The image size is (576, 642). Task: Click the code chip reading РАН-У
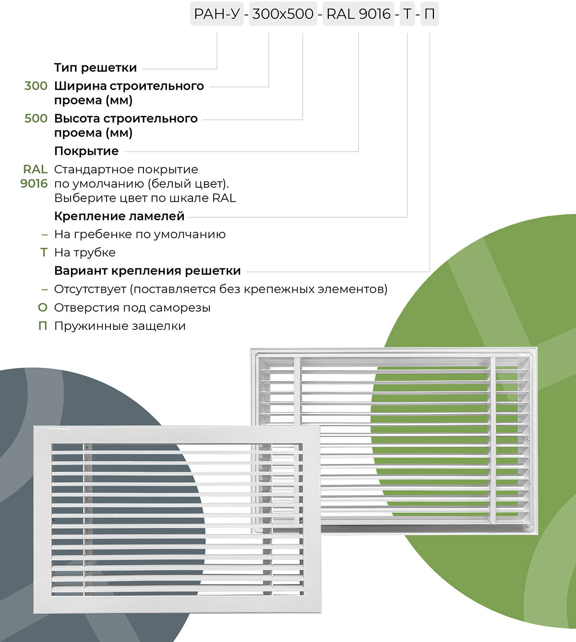[216, 14]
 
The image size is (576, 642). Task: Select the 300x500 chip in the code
[283, 14]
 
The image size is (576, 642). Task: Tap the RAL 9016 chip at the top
[359, 14]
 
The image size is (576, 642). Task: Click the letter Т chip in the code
[407, 14]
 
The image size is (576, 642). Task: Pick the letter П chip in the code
[430, 14]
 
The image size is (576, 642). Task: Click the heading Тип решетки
[96, 68]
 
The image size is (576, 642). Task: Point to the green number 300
[36, 86]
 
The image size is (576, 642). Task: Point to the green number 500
[36, 118]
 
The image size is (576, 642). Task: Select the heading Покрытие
[86, 151]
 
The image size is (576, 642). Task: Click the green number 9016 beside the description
[34, 183]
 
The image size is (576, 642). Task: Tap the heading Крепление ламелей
[119, 216]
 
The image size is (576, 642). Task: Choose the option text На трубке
[85, 253]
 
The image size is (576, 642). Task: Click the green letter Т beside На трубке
[44, 253]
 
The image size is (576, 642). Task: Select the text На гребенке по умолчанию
[140, 234]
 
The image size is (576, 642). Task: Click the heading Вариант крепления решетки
[147, 271]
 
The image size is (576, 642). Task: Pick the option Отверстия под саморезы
[132, 308]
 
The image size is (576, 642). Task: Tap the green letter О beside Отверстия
[43, 308]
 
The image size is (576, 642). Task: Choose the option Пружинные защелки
[120, 326]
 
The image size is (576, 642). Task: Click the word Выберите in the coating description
[78, 198]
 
